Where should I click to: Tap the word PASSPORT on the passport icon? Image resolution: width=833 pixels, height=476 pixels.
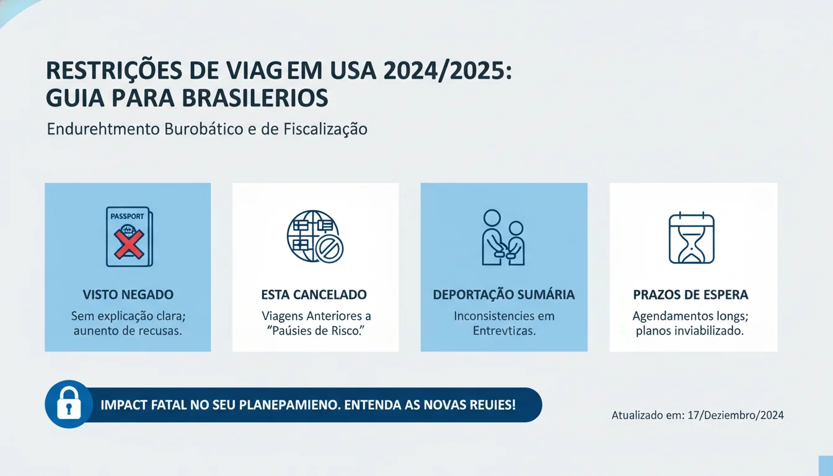coord(126,217)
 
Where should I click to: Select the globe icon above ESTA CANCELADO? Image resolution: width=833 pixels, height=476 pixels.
coord(315,237)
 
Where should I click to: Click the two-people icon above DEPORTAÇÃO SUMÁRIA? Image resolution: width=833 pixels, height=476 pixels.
coord(503,237)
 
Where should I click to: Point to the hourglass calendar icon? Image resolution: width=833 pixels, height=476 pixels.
coord(692,239)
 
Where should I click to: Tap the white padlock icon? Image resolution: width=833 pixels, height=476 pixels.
coord(68,405)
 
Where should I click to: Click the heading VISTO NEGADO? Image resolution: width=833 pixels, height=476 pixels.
coord(128,295)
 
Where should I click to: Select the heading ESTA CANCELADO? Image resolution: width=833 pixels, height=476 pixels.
coord(314,295)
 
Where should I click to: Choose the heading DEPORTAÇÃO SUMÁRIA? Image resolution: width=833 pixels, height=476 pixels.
coord(503,295)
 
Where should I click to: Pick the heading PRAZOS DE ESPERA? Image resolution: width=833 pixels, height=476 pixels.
coord(690,295)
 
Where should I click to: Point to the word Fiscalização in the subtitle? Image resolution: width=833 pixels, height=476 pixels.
coord(325,130)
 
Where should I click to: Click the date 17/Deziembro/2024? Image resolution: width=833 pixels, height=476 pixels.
coord(736,415)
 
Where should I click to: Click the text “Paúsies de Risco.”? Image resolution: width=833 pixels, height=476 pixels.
coord(315,331)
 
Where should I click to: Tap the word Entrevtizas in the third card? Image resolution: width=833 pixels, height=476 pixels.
coord(504,331)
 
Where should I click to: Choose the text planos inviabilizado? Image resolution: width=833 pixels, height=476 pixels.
coord(690,331)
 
